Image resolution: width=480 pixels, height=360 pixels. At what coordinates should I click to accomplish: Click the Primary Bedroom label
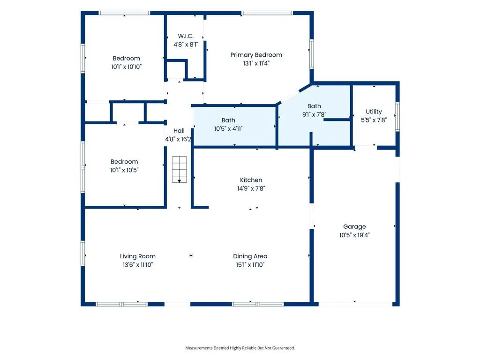(256, 55)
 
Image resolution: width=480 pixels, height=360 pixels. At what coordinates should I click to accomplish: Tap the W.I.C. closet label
(186, 36)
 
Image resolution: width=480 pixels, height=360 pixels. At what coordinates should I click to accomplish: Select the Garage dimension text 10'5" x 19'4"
(354, 235)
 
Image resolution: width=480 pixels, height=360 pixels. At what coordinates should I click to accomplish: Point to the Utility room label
(374, 112)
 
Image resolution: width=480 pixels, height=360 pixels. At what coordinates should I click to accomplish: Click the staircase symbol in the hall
(179, 170)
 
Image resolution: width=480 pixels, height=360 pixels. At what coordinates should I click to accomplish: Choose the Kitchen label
(251, 180)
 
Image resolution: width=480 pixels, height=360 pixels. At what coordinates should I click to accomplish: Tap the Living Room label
(138, 256)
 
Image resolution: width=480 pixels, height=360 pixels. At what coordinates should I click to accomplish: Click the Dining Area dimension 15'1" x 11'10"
(250, 265)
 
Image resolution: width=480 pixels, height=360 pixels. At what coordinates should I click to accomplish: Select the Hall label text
(179, 131)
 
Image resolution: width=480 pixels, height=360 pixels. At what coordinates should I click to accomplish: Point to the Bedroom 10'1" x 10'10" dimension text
(127, 67)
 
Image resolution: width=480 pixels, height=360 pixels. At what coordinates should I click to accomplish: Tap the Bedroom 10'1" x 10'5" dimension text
(124, 170)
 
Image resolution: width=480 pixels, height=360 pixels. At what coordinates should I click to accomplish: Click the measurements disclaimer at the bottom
(240, 348)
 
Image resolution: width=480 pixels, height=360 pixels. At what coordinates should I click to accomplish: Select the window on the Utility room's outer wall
(397, 117)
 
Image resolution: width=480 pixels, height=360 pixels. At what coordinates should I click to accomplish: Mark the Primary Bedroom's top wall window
(267, 13)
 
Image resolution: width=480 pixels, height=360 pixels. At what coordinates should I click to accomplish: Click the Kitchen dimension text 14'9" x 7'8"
(251, 188)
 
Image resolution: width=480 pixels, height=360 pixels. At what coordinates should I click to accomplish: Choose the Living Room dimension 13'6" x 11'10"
(138, 265)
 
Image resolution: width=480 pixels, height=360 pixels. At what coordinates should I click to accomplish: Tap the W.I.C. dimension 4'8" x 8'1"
(186, 45)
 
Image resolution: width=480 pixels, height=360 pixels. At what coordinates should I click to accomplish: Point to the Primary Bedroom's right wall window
(312, 54)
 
